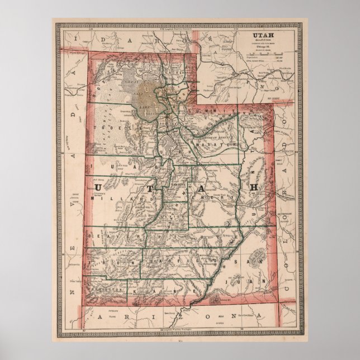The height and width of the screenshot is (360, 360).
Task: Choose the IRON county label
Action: coord(115,261)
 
